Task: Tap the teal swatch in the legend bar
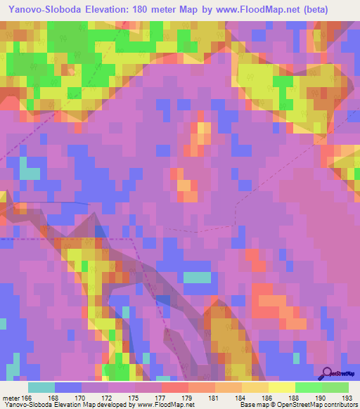tap(41, 387)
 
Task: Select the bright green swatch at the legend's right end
tap(335, 387)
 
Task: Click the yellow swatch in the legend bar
tap(281, 387)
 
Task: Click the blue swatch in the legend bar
tap(68, 387)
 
